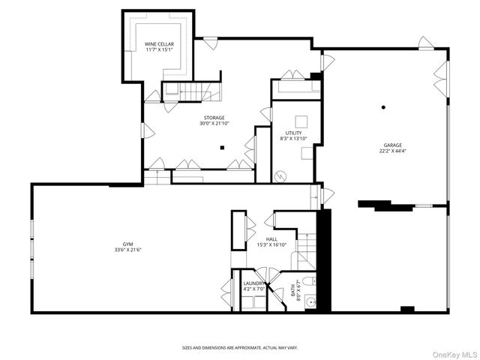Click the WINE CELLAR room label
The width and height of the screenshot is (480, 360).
(x=159, y=44)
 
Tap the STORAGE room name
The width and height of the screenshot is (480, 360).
(x=212, y=118)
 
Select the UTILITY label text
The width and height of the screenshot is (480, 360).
(x=294, y=133)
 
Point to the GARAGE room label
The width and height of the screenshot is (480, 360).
(x=394, y=145)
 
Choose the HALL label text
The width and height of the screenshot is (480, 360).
(x=271, y=239)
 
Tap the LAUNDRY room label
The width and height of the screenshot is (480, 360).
(x=252, y=283)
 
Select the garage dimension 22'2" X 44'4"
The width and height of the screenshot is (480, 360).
(x=394, y=151)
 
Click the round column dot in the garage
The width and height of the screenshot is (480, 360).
(x=382, y=106)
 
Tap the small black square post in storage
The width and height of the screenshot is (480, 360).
(x=222, y=147)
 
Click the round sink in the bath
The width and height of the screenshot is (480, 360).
(x=309, y=303)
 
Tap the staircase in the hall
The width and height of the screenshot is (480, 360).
(x=306, y=250)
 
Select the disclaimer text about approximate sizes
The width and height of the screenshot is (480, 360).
(x=240, y=347)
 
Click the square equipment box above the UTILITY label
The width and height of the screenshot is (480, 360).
(x=301, y=121)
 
